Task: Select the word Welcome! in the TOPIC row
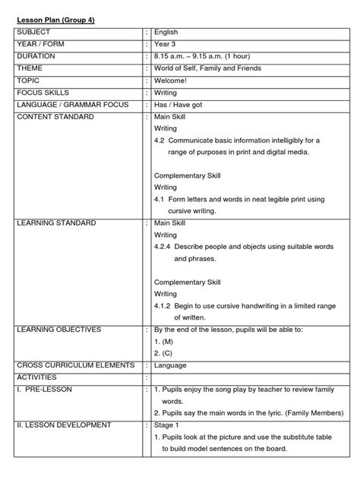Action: coord(172,80)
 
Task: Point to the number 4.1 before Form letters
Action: coord(159,199)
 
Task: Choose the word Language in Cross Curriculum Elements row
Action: coord(171,365)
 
